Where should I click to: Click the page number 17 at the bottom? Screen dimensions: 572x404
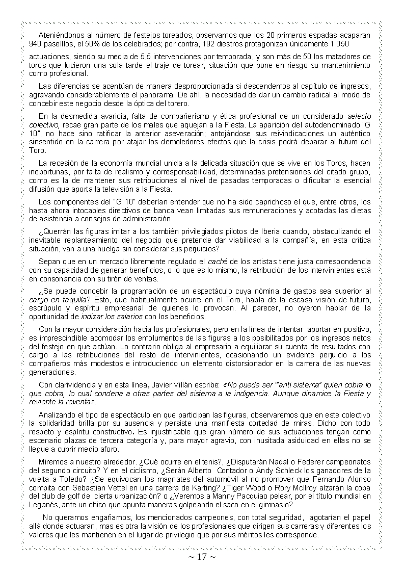pos(202,557)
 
